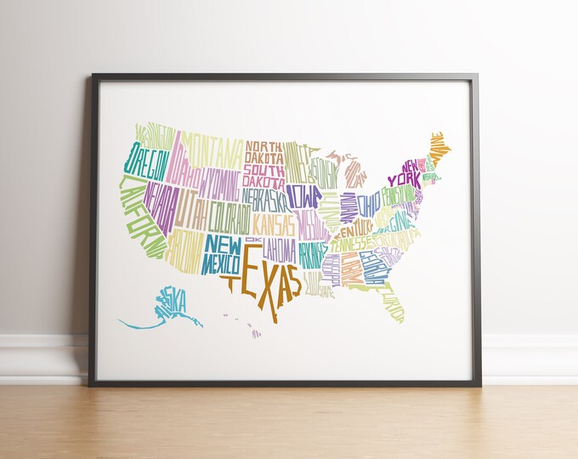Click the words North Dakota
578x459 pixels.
tap(264, 150)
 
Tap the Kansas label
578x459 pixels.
tap(273, 226)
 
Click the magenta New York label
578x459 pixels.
tap(405, 173)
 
